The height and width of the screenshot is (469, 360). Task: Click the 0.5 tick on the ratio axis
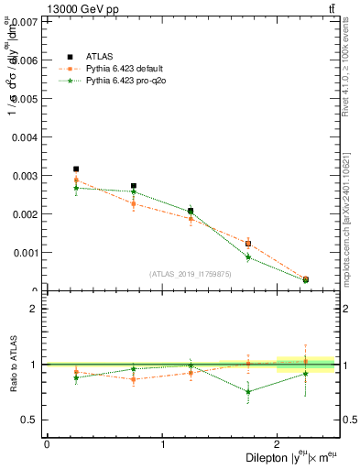point(30,420)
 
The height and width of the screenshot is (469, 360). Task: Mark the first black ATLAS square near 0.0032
point(76,169)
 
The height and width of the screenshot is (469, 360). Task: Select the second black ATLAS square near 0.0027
point(134,186)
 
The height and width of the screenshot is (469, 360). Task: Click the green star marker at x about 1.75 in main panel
point(248,257)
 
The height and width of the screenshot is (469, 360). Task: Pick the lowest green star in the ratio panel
point(248,392)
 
